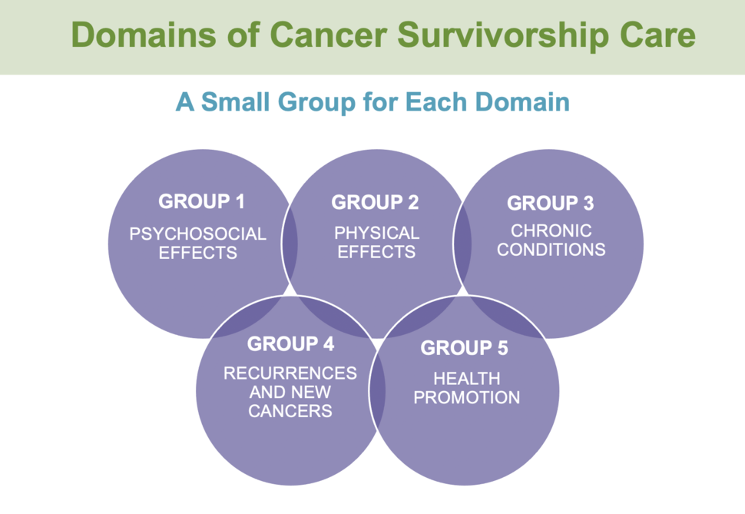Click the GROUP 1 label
coord(201,202)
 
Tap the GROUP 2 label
coord(375,203)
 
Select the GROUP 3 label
coord(551,204)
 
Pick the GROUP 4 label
coord(290,343)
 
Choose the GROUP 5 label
coord(464,348)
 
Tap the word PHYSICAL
coord(376,233)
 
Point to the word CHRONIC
coord(551,230)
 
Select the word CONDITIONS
coord(551,250)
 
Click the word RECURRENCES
coord(290,373)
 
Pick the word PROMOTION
coord(467,398)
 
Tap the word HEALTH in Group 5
coord(467,379)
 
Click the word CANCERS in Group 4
coord(290,411)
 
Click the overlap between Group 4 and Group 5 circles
coord(377,388)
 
